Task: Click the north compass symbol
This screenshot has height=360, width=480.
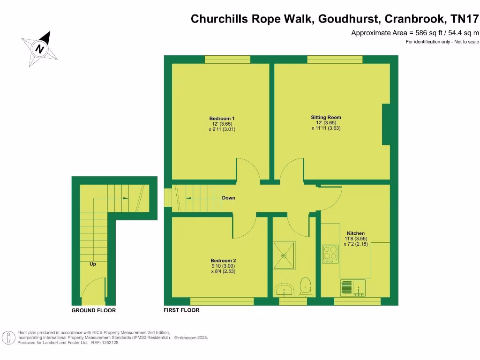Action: (x=40, y=48)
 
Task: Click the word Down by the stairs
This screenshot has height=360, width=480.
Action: (x=228, y=198)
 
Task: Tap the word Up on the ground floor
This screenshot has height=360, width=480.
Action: (x=93, y=264)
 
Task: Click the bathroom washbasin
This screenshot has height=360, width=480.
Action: (x=284, y=290)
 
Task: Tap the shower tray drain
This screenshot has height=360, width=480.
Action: (x=284, y=256)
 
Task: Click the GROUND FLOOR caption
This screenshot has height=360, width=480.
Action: (x=93, y=310)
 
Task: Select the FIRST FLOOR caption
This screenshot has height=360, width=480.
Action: (x=181, y=310)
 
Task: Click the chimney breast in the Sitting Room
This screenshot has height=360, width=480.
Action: (x=387, y=124)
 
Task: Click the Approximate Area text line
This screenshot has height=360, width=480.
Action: (x=415, y=33)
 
